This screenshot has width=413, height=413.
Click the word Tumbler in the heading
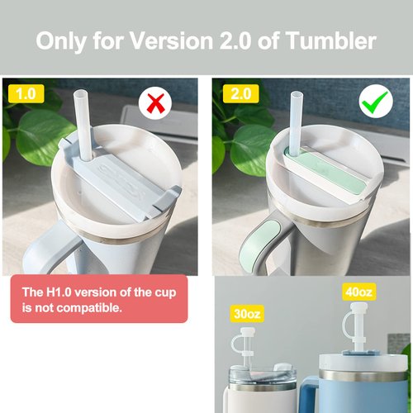click(x=330, y=40)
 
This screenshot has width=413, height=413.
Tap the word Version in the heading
click(x=171, y=40)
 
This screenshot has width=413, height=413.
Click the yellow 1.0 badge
click(x=26, y=94)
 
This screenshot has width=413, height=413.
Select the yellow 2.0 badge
click(x=240, y=94)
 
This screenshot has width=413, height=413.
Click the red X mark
click(x=155, y=103)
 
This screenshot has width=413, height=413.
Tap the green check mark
click(x=375, y=102)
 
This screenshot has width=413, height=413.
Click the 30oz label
click(x=247, y=314)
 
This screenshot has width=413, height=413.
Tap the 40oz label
click(x=358, y=292)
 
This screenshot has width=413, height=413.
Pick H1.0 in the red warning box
click(x=59, y=292)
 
